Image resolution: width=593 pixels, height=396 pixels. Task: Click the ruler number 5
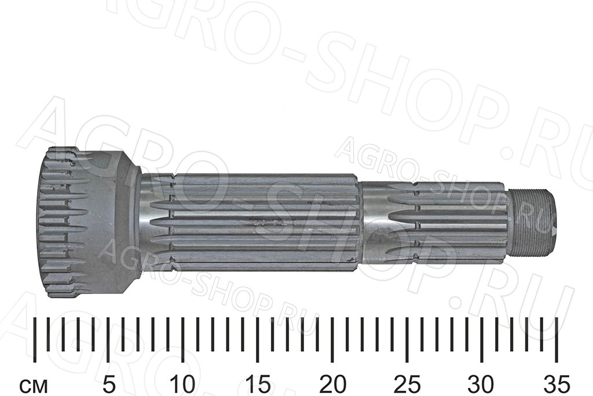(x=108, y=384)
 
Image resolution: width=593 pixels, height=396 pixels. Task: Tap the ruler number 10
(x=183, y=384)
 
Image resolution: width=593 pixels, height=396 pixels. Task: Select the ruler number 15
(x=258, y=384)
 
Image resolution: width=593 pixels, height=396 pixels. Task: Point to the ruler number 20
(x=332, y=384)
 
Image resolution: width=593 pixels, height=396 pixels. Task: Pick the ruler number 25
(x=407, y=384)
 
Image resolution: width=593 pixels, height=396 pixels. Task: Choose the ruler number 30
(x=481, y=384)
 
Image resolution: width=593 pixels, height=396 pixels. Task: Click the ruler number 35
(x=556, y=384)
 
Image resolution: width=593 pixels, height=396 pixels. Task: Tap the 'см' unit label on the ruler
(x=34, y=387)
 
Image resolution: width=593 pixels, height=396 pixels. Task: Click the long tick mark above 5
(x=108, y=340)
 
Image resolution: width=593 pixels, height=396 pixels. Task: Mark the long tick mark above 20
(x=332, y=340)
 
